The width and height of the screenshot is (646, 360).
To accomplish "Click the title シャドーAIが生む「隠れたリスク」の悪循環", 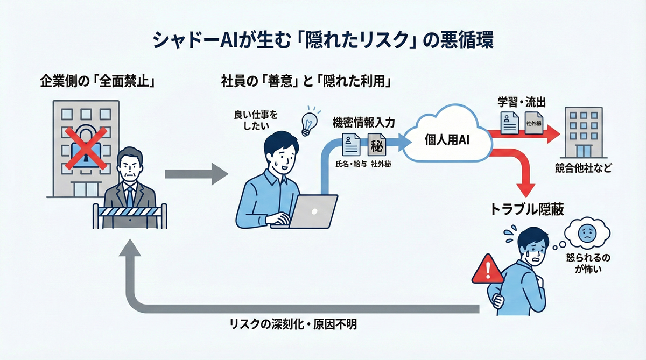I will click(x=323, y=42).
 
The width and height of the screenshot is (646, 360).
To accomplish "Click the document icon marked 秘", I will click(x=375, y=145).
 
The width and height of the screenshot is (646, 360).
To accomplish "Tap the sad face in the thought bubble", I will click(x=585, y=235).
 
